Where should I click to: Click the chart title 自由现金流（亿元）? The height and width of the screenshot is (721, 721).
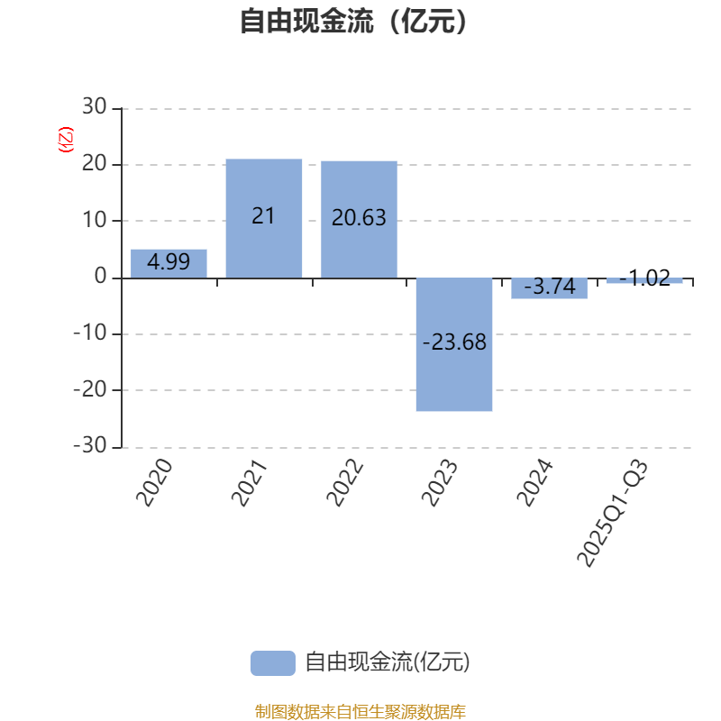[353, 21]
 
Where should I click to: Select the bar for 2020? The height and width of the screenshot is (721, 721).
[169, 263]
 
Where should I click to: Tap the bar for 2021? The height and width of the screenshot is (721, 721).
[264, 218]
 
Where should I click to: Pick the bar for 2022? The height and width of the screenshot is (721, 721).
[359, 219]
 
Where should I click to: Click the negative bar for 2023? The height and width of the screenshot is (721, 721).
[454, 344]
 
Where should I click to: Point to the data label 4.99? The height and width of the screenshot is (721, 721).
[169, 262]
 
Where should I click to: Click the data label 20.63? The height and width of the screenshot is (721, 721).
[359, 217]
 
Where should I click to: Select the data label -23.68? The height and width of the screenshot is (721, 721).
[454, 342]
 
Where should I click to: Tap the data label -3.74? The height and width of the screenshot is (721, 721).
[550, 287]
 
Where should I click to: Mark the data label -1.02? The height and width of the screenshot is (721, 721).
[644, 278]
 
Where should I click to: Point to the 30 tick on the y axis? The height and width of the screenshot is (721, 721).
[95, 106]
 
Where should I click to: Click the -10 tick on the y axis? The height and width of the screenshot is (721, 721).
[90, 333]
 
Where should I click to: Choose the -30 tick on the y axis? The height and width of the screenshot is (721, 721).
[90, 445]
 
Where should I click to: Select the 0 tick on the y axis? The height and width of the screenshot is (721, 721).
[100, 276]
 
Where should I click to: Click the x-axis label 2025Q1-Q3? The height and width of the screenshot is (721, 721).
[613, 513]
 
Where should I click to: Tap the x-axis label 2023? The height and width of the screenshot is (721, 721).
[440, 483]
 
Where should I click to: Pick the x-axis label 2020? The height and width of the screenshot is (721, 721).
[154, 483]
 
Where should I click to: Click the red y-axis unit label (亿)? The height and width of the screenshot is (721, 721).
[65, 140]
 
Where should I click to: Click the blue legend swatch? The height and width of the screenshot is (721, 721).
[273, 663]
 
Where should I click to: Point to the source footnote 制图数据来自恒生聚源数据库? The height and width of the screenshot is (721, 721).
[360, 711]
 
